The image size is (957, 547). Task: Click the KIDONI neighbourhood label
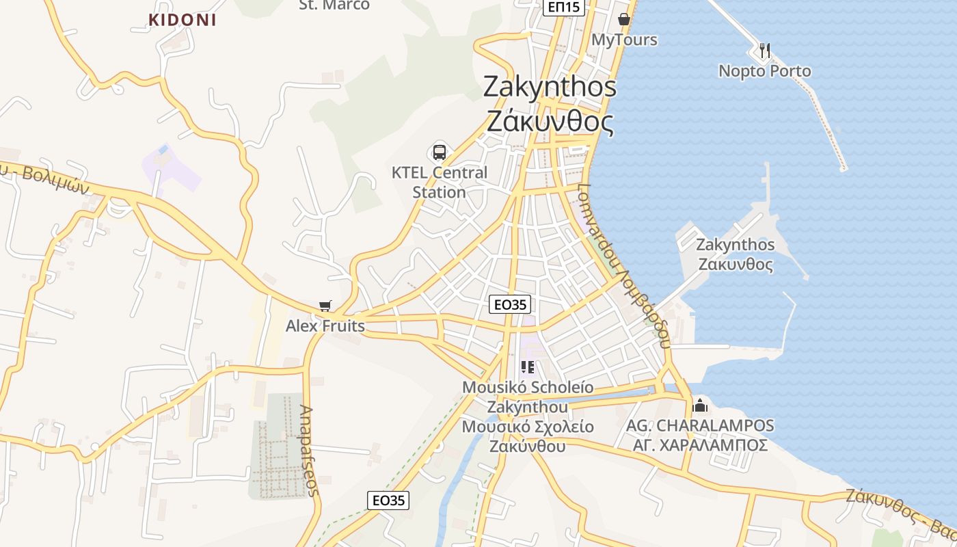[183, 20]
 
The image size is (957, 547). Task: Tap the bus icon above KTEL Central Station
[440, 152]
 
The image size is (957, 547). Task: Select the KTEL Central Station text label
[440, 183]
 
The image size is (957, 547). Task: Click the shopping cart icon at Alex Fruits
[325, 306]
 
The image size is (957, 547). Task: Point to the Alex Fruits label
[325, 325]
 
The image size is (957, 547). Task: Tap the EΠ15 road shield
[564, 7]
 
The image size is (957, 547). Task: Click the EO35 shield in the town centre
[510, 304]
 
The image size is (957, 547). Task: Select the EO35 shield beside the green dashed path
[388, 501]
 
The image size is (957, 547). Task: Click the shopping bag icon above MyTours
[623, 19]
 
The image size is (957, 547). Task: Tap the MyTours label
[624, 40]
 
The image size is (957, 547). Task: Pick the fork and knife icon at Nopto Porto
[765, 50]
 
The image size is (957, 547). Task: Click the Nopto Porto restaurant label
[765, 71]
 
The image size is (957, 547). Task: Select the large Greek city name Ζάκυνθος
[550, 122]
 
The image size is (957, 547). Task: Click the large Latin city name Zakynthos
[550, 87]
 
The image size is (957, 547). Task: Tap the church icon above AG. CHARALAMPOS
[700, 405]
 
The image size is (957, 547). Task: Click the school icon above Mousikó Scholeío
[527, 368]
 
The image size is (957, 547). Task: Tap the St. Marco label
[334, 5]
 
